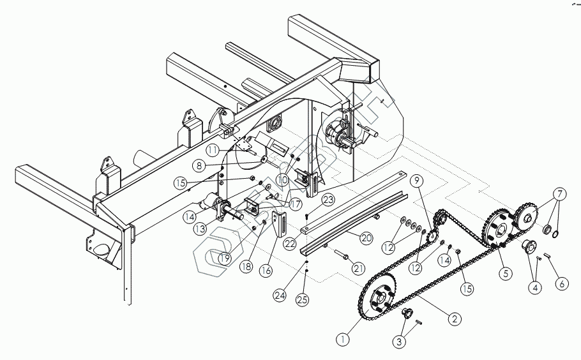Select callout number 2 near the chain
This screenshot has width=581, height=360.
click(x=455, y=318)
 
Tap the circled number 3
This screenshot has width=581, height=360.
click(x=399, y=342)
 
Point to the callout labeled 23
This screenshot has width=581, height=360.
click(x=328, y=199)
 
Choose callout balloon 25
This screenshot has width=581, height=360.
click(x=304, y=297)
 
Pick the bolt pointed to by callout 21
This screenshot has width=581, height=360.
click(x=340, y=257)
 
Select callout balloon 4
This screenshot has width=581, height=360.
click(x=534, y=288)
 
